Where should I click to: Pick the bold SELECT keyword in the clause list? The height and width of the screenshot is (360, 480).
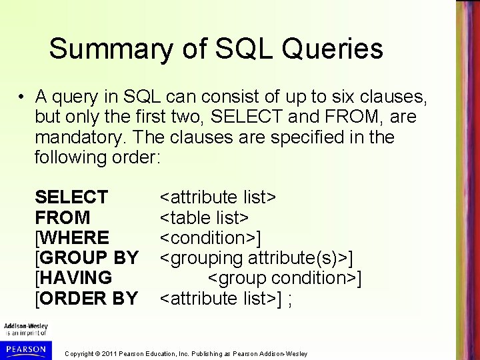point(71,197)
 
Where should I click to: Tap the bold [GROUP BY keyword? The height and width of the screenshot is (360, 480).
point(87,258)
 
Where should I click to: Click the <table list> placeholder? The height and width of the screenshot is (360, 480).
point(204,217)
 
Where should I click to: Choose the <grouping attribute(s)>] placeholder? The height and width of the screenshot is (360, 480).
point(256,258)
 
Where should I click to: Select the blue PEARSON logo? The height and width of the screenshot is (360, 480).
point(25,349)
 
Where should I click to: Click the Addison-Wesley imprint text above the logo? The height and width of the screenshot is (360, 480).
point(24,327)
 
